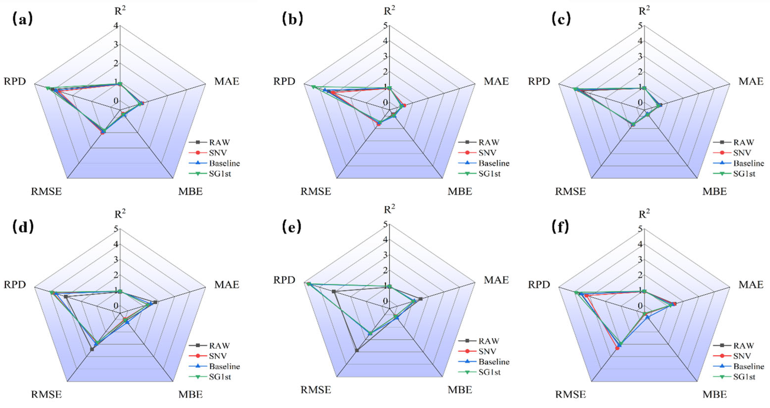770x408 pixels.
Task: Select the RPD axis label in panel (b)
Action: pos(284,81)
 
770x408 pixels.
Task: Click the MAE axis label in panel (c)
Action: pos(751,81)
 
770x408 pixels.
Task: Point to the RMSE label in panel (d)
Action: pos(46,394)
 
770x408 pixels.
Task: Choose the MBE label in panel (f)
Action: pos(714,394)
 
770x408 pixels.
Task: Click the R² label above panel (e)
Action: pos(389,209)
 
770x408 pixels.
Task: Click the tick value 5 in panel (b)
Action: pos(385,26)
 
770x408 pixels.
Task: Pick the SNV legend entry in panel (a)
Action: pos(218,153)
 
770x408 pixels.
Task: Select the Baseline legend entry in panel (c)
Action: pos(748,163)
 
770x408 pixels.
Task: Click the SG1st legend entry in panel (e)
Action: pos(489,372)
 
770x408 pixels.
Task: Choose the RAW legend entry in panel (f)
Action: pos(744,345)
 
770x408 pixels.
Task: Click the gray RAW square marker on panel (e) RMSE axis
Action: pos(357,350)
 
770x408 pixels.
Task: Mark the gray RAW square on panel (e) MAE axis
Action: pos(421,299)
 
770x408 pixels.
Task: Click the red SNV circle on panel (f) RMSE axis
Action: pos(617,348)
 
